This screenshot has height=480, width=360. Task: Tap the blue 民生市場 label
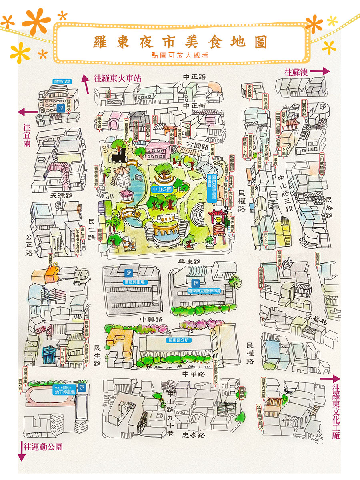[x=62, y=81]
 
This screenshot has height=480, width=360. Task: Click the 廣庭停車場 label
[x=134, y=282]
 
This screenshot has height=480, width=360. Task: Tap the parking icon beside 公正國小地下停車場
[x=82, y=387]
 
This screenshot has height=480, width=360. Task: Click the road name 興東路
[x=189, y=262]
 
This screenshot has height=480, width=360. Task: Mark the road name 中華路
[x=194, y=374]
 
